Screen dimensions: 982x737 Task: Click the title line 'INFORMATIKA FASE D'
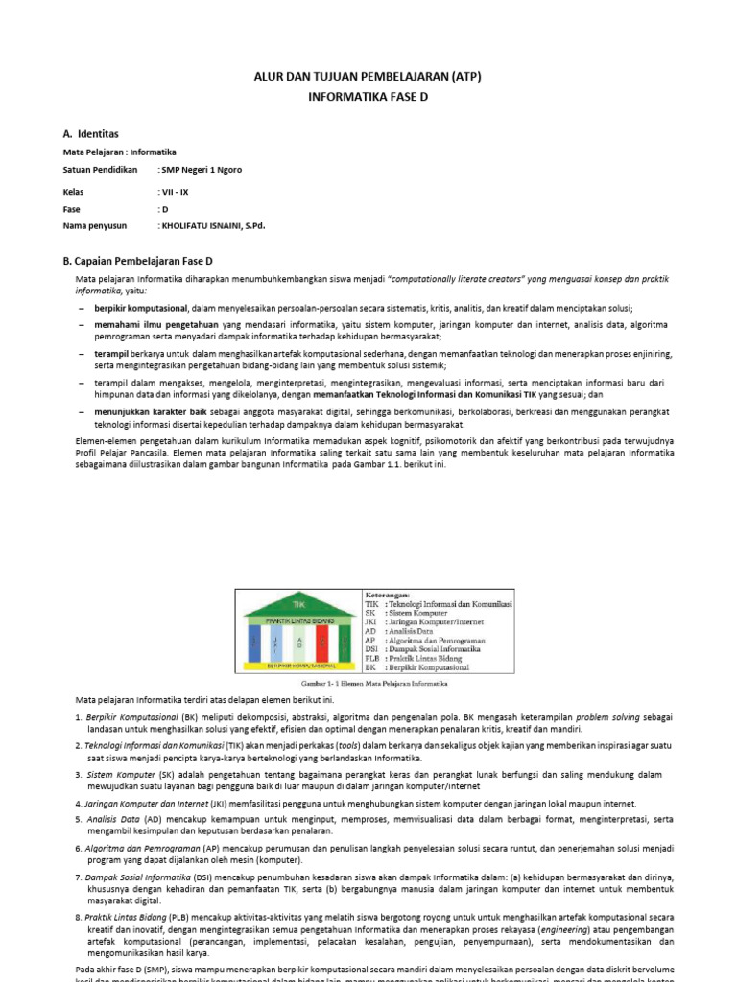368,97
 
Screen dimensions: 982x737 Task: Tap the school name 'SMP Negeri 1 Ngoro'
201,170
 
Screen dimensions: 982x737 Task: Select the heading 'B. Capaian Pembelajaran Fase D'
137,261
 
